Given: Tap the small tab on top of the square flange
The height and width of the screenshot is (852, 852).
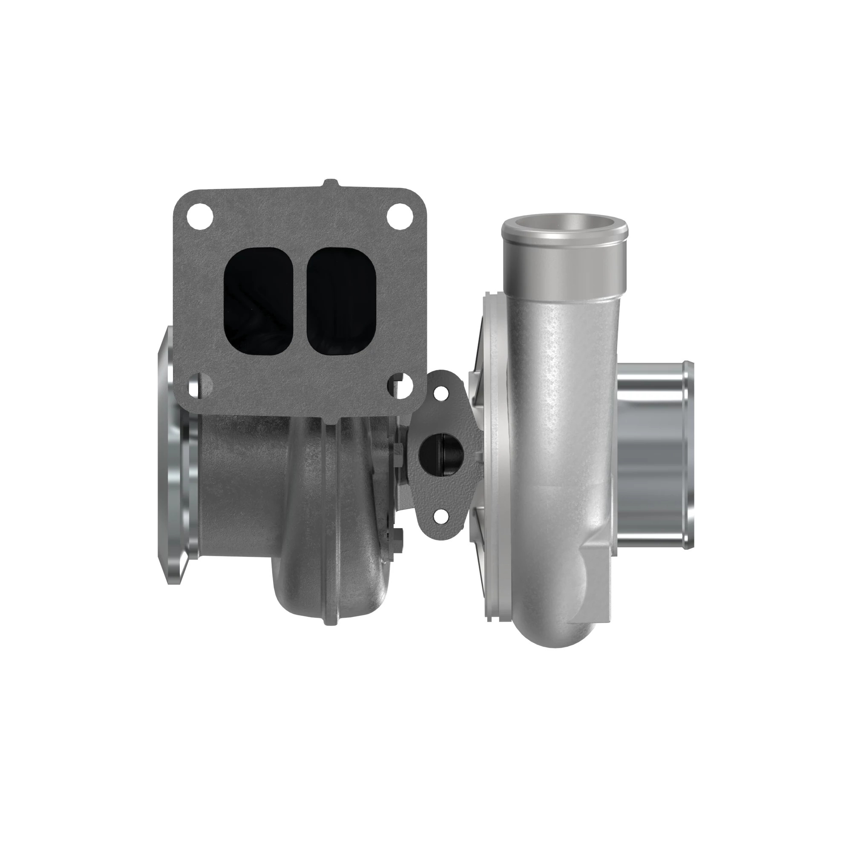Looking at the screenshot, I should [331, 184].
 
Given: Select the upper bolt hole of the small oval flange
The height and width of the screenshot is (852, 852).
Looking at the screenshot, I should [439, 394].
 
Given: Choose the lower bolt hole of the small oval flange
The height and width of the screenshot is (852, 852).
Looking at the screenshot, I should [439, 514].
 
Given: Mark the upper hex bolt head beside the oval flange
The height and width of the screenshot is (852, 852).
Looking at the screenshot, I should [398, 450].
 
